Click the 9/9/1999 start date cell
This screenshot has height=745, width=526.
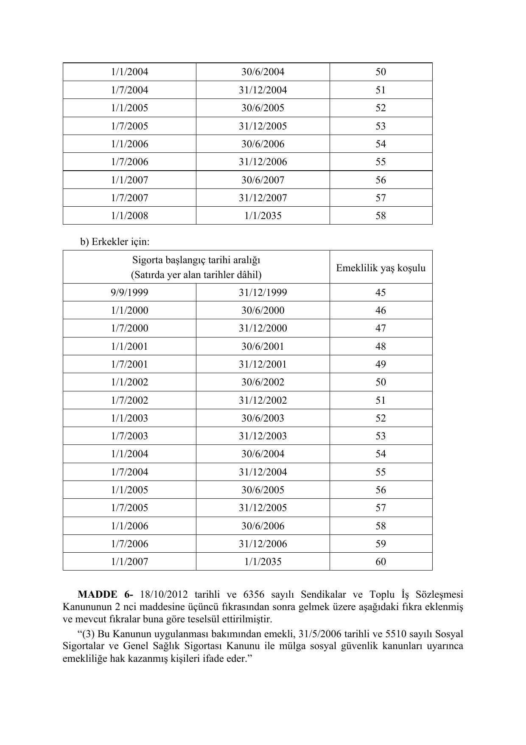pyautogui.click(x=129, y=292)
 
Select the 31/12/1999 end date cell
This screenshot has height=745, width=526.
pyautogui.click(x=263, y=292)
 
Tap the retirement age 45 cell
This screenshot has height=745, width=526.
pyautogui.click(x=381, y=292)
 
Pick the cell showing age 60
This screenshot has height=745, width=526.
pyautogui.click(x=381, y=562)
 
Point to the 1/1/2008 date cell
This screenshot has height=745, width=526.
pyautogui.click(x=129, y=216)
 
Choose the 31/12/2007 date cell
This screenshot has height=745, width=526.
pyautogui.click(x=263, y=198)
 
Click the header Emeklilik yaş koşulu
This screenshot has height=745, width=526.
pyautogui.click(x=381, y=268)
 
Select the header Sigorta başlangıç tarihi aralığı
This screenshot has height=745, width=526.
pyautogui.click(x=196, y=260)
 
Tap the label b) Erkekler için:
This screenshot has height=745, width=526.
pyautogui.click(x=115, y=242)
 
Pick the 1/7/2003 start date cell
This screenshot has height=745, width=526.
pyautogui.click(x=129, y=436)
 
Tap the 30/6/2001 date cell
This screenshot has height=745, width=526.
pyautogui.click(x=263, y=346)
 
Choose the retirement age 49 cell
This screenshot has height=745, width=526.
pyautogui.click(x=381, y=364)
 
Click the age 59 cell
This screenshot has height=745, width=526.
pyautogui.click(x=381, y=544)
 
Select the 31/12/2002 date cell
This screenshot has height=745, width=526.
pyautogui.click(x=263, y=400)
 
